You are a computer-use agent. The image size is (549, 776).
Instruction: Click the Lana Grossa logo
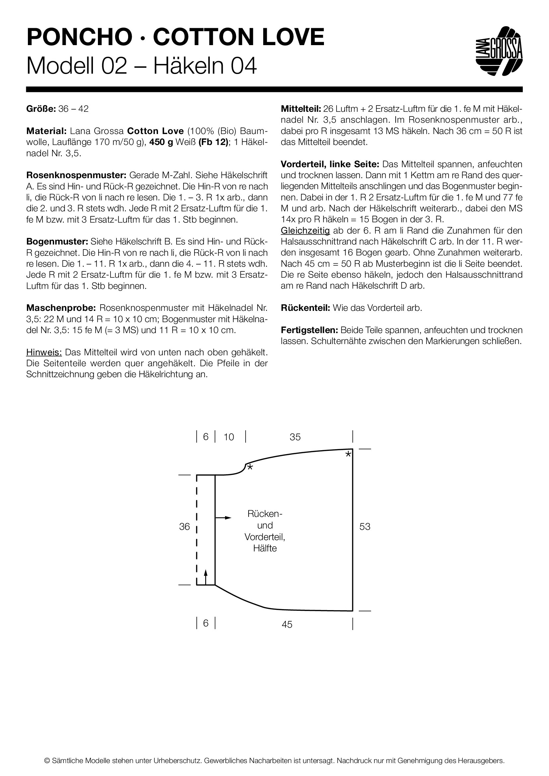point(499,51)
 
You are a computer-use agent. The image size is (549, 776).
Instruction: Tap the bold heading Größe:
point(41,109)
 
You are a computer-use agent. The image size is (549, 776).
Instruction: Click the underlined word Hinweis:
point(44,352)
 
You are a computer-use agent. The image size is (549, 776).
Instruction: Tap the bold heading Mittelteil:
point(301,109)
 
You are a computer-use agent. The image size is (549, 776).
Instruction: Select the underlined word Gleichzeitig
point(305,231)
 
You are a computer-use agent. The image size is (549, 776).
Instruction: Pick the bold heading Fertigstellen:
point(309,330)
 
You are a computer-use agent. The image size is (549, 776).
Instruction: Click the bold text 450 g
point(161,142)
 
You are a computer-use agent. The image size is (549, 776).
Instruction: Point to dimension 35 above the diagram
point(295,437)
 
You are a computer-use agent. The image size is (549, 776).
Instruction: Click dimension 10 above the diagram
point(229,437)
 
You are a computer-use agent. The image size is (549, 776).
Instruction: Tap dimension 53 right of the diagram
point(365,526)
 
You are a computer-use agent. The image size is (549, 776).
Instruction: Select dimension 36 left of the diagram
point(185,526)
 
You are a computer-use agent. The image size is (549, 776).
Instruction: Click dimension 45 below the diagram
point(287,624)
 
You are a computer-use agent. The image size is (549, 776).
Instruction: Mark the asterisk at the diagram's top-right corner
point(348,455)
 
